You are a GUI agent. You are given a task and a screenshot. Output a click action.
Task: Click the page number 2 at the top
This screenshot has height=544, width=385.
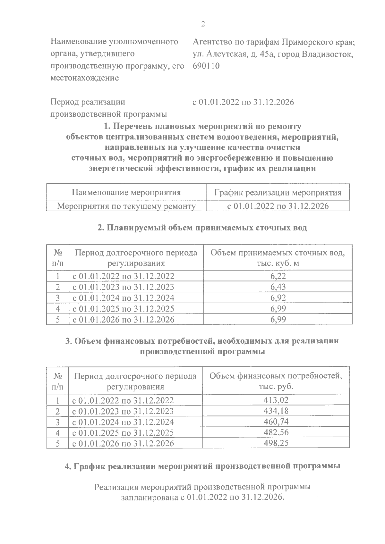pos(202,24)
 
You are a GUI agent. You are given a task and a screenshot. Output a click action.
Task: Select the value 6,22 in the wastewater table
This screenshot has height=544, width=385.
pos(278,276)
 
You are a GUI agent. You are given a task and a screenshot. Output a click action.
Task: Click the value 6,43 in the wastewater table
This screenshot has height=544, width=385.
pos(278,287)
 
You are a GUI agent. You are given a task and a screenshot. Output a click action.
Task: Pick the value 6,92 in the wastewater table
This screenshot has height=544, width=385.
pos(278,298)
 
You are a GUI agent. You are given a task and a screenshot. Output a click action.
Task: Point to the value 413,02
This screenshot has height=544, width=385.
pos(276,400)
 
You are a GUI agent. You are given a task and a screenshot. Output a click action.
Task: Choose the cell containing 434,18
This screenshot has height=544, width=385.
pos(276,411)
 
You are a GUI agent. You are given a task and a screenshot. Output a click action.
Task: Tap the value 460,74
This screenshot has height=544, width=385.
pos(276,422)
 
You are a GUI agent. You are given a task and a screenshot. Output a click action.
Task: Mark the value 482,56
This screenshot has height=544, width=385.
pos(276,432)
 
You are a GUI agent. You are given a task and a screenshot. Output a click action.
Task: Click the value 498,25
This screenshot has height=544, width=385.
pos(276,443)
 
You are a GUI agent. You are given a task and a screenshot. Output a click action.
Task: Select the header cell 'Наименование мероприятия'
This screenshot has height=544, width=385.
pos(126,192)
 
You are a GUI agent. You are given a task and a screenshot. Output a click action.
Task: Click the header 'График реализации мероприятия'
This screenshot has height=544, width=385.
pos(278,192)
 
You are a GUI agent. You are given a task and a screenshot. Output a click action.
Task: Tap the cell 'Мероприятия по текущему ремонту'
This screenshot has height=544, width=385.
pos(126,206)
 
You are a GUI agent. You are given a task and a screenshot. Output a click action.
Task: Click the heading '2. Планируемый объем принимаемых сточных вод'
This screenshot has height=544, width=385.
pos(202,228)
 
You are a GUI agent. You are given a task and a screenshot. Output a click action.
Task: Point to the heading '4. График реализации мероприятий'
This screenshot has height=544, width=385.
pos(202,466)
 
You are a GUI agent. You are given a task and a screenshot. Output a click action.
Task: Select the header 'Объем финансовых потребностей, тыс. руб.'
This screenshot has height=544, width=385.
pos(276,381)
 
